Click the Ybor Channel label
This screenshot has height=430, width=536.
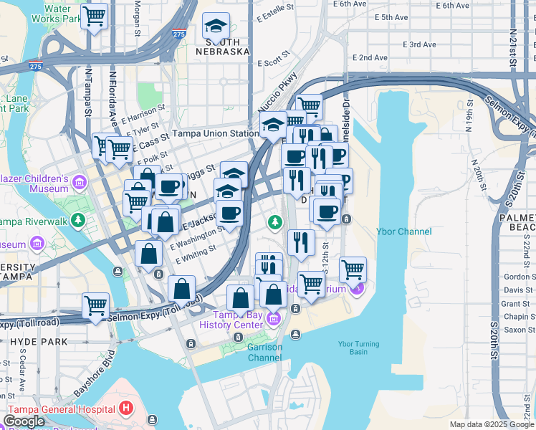[x=404, y=231]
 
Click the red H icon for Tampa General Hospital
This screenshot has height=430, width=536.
[x=127, y=409]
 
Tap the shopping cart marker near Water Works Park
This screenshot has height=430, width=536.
[x=94, y=15]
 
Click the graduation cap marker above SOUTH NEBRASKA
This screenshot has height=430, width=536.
[x=216, y=28]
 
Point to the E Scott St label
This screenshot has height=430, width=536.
[x=272, y=63]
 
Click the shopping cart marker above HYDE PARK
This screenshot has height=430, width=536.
[x=95, y=305]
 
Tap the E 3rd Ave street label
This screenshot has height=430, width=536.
[x=419, y=44]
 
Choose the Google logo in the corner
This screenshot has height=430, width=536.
[x=24, y=421]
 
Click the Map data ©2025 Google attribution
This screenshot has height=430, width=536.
[x=491, y=424]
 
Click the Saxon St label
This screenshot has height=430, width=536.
[x=516, y=330]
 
